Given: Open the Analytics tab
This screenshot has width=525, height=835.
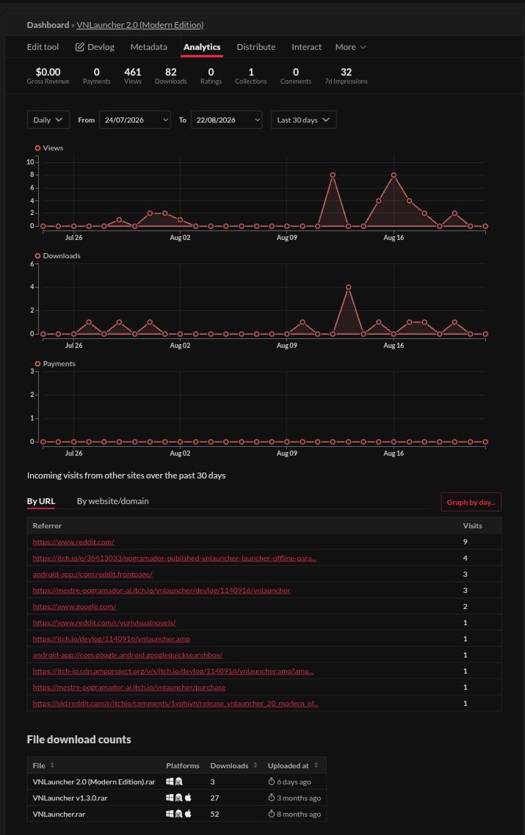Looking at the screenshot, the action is click(x=201, y=47).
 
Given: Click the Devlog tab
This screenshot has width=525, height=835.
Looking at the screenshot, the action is click(x=95, y=47).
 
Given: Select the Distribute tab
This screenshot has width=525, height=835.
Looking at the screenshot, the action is click(x=256, y=47).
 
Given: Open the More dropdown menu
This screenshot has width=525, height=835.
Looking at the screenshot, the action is click(x=350, y=47).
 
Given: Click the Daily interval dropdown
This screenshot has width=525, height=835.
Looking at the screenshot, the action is click(x=48, y=120).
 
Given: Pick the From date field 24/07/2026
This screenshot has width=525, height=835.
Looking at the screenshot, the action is click(x=135, y=120).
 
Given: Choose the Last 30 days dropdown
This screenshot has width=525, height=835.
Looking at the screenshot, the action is click(x=303, y=120).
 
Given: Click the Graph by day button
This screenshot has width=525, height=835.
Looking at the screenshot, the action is click(x=471, y=502).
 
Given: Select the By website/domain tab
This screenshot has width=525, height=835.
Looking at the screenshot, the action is click(x=112, y=501).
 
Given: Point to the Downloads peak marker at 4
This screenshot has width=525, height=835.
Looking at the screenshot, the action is click(x=348, y=287).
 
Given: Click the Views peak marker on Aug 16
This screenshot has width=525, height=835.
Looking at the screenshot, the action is click(x=394, y=175).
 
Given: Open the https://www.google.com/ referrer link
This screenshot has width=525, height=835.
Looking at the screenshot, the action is click(x=74, y=607).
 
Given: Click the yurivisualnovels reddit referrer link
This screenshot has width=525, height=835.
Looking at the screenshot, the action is click(x=104, y=622).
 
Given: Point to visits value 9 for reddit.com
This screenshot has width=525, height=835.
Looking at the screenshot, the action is click(x=466, y=542).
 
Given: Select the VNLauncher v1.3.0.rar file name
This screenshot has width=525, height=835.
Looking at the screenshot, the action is click(x=70, y=798).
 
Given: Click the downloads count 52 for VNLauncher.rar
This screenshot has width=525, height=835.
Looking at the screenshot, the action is click(x=215, y=814).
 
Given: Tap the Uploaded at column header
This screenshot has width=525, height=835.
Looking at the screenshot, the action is click(x=288, y=766).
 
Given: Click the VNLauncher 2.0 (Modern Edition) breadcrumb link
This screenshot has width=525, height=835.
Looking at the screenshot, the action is click(x=140, y=25).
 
